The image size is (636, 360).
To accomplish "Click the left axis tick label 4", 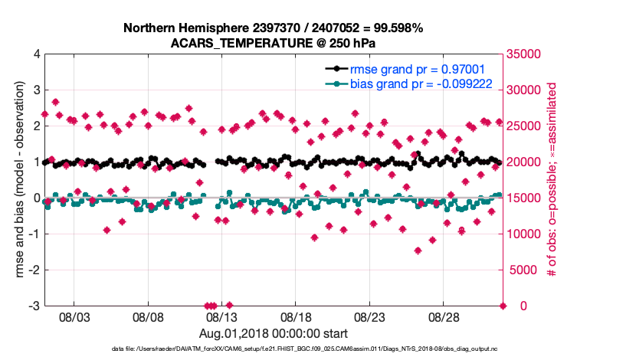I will pos(37,54).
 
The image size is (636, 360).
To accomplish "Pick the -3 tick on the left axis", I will pos(35,306).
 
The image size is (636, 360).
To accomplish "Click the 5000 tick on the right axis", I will pos(523,270).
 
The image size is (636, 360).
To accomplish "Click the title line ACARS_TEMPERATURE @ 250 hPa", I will pos(274,43).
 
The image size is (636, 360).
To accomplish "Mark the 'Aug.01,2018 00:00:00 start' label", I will pos(274,333).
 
